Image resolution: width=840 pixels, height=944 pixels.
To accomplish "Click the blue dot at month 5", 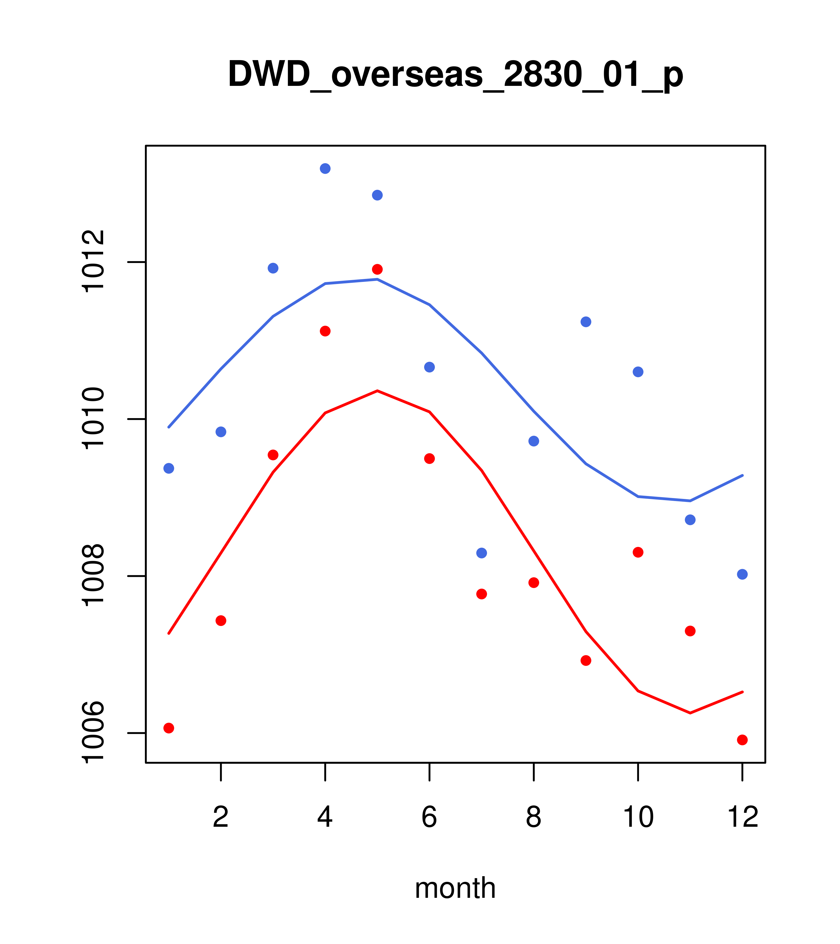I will (377, 195).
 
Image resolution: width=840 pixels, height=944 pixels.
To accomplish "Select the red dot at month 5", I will (377, 269).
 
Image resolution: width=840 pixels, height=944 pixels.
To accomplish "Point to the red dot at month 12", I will (742, 740).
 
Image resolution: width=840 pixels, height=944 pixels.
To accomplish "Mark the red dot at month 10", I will (638, 552).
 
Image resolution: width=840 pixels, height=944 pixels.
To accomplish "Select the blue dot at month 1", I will (169, 468).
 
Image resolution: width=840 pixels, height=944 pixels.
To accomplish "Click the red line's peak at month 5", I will (377, 391).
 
